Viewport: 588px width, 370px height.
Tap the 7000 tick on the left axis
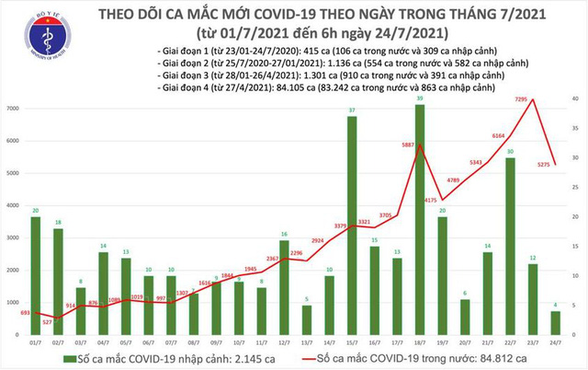13,109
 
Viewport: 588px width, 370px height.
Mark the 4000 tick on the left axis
13,205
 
